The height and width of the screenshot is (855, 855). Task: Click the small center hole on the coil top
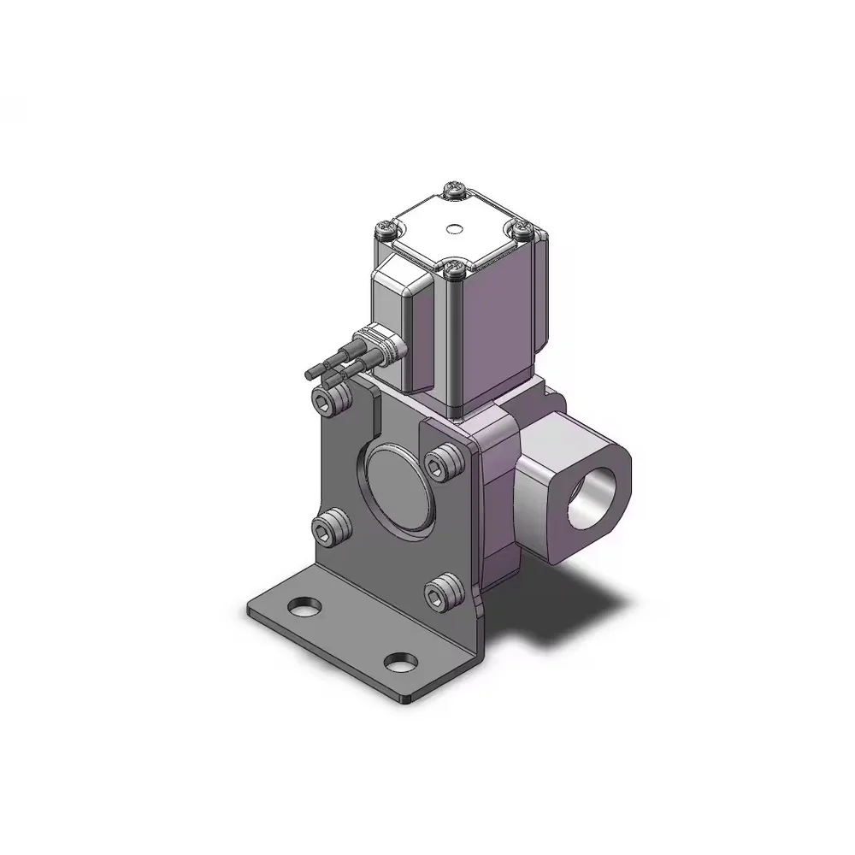(453, 229)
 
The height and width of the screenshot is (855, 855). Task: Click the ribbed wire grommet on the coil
(384, 347)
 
